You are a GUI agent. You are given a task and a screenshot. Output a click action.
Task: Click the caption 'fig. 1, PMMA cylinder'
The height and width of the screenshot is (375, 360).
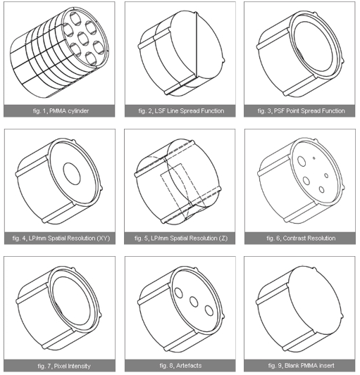[x=61, y=111]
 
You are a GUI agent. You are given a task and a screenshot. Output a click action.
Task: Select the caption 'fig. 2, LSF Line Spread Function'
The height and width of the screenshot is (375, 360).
[x=181, y=111]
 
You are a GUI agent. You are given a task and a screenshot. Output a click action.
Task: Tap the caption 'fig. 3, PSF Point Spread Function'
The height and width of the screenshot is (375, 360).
[x=302, y=111]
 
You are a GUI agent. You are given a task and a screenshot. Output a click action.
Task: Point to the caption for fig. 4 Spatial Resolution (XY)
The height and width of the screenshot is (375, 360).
[x=61, y=239]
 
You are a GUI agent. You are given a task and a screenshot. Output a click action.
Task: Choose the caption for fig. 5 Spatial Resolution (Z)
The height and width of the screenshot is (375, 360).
[x=181, y=239]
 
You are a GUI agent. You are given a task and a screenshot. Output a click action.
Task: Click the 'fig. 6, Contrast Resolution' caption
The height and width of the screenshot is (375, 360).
[x=301, y=239]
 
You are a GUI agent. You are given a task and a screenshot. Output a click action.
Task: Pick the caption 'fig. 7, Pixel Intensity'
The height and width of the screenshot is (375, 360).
[x=64, y=366]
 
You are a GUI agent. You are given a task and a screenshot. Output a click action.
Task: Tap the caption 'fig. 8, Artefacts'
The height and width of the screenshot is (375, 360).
[x=180, y=366]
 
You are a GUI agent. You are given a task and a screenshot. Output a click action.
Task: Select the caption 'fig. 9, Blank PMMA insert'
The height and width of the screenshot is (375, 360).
[x=301, y=366]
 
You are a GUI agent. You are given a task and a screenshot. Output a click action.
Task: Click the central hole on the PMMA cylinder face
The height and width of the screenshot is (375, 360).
[x=84, y=39]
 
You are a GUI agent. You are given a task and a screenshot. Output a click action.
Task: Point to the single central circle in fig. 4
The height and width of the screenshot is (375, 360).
[x=72, y=174]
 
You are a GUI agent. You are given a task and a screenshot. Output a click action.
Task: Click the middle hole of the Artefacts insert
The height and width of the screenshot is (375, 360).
[x=194, y=302]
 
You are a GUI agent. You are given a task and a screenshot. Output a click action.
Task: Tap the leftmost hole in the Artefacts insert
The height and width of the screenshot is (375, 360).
[x=179, y=293]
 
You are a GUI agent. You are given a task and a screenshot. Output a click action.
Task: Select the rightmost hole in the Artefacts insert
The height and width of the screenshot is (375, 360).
[x=209, y=310]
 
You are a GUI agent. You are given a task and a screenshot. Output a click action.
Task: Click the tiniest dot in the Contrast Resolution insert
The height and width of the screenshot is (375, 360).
[x=314, y=158]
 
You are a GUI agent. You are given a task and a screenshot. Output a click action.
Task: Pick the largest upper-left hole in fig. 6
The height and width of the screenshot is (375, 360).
[x=302, y=160]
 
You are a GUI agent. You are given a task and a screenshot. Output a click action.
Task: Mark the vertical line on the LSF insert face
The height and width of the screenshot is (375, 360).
[x=197, y=45]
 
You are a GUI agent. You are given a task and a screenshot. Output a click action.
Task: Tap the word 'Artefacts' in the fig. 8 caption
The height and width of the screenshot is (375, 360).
[x=189, y=366]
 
